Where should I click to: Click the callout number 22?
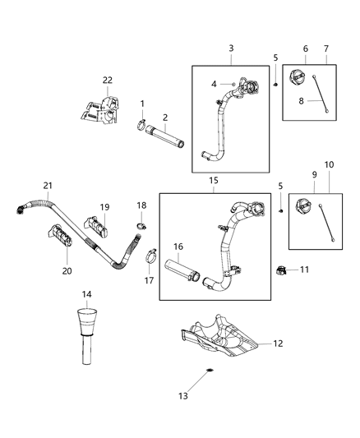pos(107,80)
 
